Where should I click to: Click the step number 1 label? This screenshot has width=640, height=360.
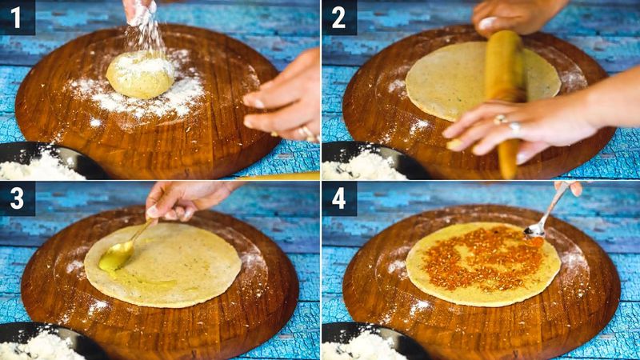point(15,18)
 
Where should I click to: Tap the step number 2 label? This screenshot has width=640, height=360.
point(338,18)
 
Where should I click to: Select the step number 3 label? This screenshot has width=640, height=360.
point(17,198)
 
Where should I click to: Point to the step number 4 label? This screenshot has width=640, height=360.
point(338,198)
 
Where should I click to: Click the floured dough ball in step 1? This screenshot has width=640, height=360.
point(140,74)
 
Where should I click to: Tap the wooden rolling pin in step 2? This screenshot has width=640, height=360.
point(505,102)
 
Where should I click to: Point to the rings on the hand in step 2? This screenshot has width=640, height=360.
point(507,123)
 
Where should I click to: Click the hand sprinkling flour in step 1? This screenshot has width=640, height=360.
point(138,11)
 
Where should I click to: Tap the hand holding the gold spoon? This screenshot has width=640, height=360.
point(184,200)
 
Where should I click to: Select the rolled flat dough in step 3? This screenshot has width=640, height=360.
point(162,265)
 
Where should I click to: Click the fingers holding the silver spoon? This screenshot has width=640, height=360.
point(570,187)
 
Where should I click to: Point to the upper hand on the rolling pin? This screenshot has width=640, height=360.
point(515,17)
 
